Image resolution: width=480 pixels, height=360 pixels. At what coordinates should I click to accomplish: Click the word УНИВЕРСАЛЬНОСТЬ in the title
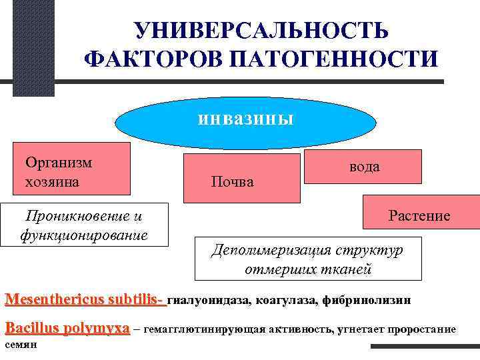point(260,31)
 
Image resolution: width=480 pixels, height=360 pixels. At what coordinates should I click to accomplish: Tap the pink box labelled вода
point(363,166)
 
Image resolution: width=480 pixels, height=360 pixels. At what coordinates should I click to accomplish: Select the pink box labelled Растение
point(420,215)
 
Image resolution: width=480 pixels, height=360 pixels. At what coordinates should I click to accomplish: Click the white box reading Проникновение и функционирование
point(84,224)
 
